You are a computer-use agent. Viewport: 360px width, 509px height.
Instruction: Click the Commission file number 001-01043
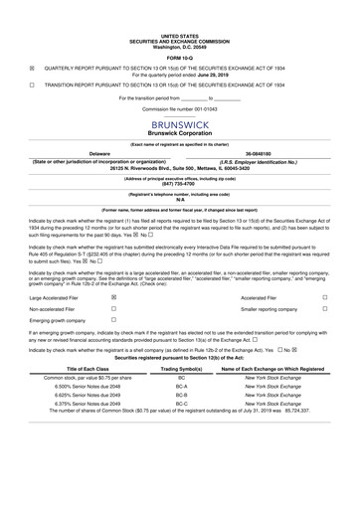coord(180,83)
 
